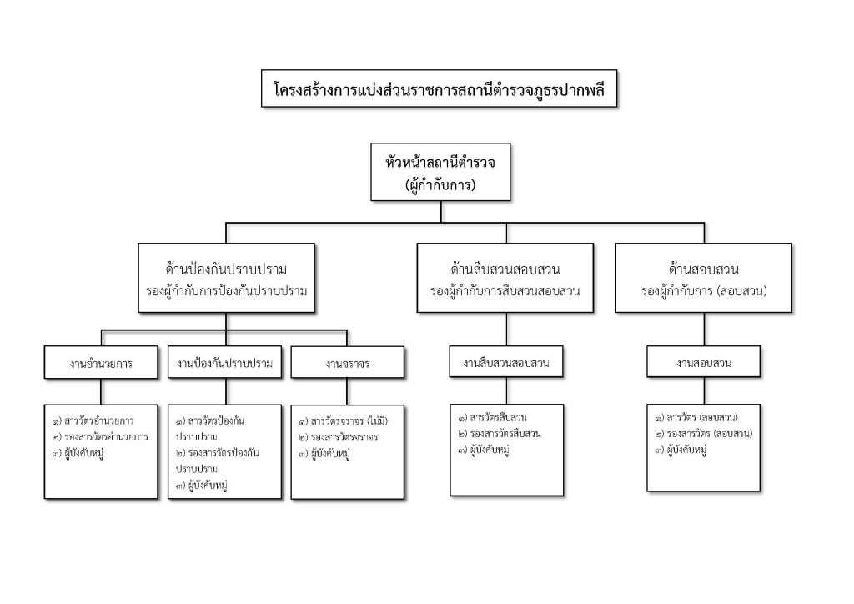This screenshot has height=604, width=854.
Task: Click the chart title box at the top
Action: (x=440, y=89)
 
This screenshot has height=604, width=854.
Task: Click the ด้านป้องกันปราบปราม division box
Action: (x=226, y=279)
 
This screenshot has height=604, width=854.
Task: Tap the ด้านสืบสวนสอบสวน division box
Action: (x=505, y=279)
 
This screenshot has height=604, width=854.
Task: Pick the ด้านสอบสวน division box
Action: (x=704, y=279)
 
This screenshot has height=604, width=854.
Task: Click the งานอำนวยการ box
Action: (x=101, y=364)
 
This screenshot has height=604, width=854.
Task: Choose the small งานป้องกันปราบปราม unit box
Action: (x=226, y=364)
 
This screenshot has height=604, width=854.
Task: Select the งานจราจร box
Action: (x=348, y=364)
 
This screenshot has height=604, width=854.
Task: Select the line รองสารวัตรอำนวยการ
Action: (x=104, y=436)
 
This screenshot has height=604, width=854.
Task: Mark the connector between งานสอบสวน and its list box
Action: (x=704, y=390)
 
